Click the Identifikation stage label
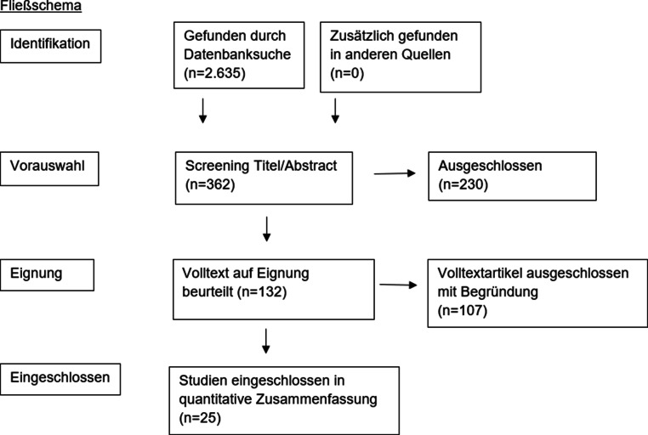coord(50,43)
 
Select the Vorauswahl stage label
coord(47,166)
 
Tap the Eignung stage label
coord(36,274)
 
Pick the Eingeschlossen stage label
coord(60,377)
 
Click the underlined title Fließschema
coord(41,6)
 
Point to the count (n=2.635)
coord(214,73)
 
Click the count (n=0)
coord(347,73)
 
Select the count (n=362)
coord(210,184)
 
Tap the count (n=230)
coord(463,184)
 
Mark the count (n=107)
coord(462,310)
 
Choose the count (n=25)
coord(200,418)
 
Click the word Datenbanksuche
coord(237,54)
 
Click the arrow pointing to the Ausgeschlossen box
coord(395,173)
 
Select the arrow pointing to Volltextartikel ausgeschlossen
coord(398,285)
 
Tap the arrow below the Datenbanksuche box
coord(202,110)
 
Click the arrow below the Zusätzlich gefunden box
coord(335,110)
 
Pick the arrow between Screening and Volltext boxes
coord(266,229)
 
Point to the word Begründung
coord(499,291)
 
